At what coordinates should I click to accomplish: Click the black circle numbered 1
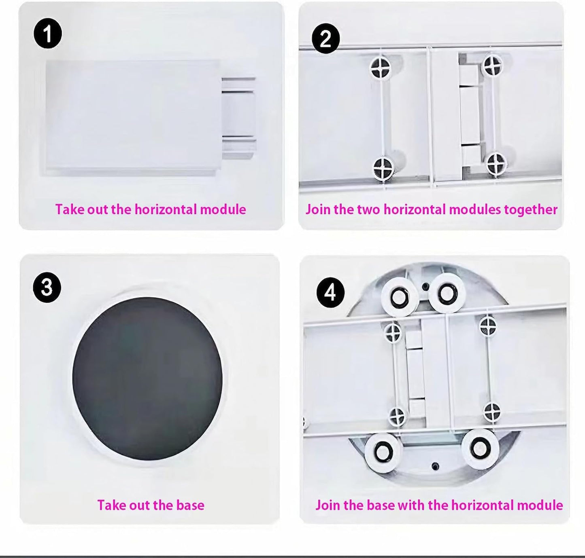47,34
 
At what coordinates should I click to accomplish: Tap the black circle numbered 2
325,39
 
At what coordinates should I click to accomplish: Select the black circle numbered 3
47,288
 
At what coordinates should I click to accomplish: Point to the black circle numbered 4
330,292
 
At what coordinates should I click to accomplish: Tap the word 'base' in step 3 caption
190,505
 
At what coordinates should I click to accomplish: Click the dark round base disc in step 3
147,378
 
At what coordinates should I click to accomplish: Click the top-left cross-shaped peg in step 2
381,67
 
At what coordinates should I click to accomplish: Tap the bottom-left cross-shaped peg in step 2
383,168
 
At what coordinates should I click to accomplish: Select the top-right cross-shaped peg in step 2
493,65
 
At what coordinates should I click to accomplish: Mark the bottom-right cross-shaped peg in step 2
496,163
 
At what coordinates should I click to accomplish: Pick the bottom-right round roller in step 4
480,448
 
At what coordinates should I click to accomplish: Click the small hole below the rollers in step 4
435,466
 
